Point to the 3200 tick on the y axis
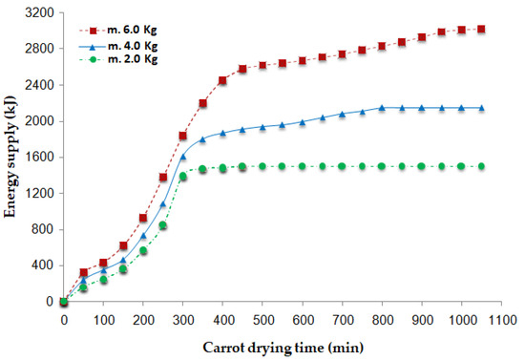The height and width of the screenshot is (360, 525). (39, 12)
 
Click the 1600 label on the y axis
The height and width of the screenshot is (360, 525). (39, 158)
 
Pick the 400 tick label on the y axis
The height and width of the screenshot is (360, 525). (43, 265)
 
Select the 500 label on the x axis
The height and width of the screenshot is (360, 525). (262, 321)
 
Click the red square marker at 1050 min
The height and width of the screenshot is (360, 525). (481, 30)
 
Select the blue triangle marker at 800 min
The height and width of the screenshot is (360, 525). (382, 108)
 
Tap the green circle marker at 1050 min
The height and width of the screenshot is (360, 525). (481, 166)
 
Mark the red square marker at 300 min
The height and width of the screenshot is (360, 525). (183, 136)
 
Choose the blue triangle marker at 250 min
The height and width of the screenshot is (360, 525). (163, 203)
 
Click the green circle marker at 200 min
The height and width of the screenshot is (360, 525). (143, 250)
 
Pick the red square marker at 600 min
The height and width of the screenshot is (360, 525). (303, 60)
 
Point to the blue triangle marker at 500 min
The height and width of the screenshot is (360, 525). (262, 127)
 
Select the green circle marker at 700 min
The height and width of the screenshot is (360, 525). (342, 166)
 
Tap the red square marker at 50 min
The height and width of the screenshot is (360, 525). (84, 272)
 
